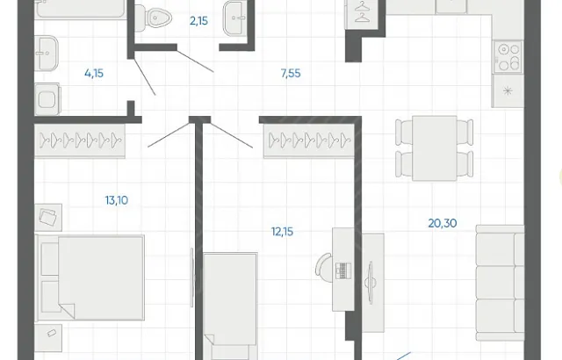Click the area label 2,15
pyautogui.click(x=198, y=21)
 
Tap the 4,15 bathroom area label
pyautogui.click(x=94, y=74)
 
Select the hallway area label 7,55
pyautogui.click(x=291, y=74)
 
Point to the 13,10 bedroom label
pyautogui.click(x=117, y=200)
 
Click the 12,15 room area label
pyautogui.click(x=282, y=232)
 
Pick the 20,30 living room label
pyautogui.click(x=443, y=223)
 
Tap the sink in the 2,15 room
pyautogui.click(x=234, y=18)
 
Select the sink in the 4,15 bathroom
pyautogui.click(x=47, y=53)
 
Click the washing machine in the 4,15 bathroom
pyautogui.click(x=47, y=99)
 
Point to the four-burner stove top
pyautogui.click(x=508, y=57)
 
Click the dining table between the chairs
pyautogui.click(x=435, y=148)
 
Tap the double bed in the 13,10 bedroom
pyautogui.click(x=90, y=277)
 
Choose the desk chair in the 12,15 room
pyautogui.click(x=324, y=268)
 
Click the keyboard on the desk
pyautogui.click(x=343, y=270)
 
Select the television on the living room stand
pyautogui.click(x=371, y=280)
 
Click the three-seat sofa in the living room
pyautogui.click(x=500, y=283)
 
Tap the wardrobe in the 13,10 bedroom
pyautogui.click(x=80, y=140)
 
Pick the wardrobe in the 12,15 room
pyautogui.click(x=309, y=140)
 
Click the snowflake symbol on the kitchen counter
pyautogui.click(x=508, y=91)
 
